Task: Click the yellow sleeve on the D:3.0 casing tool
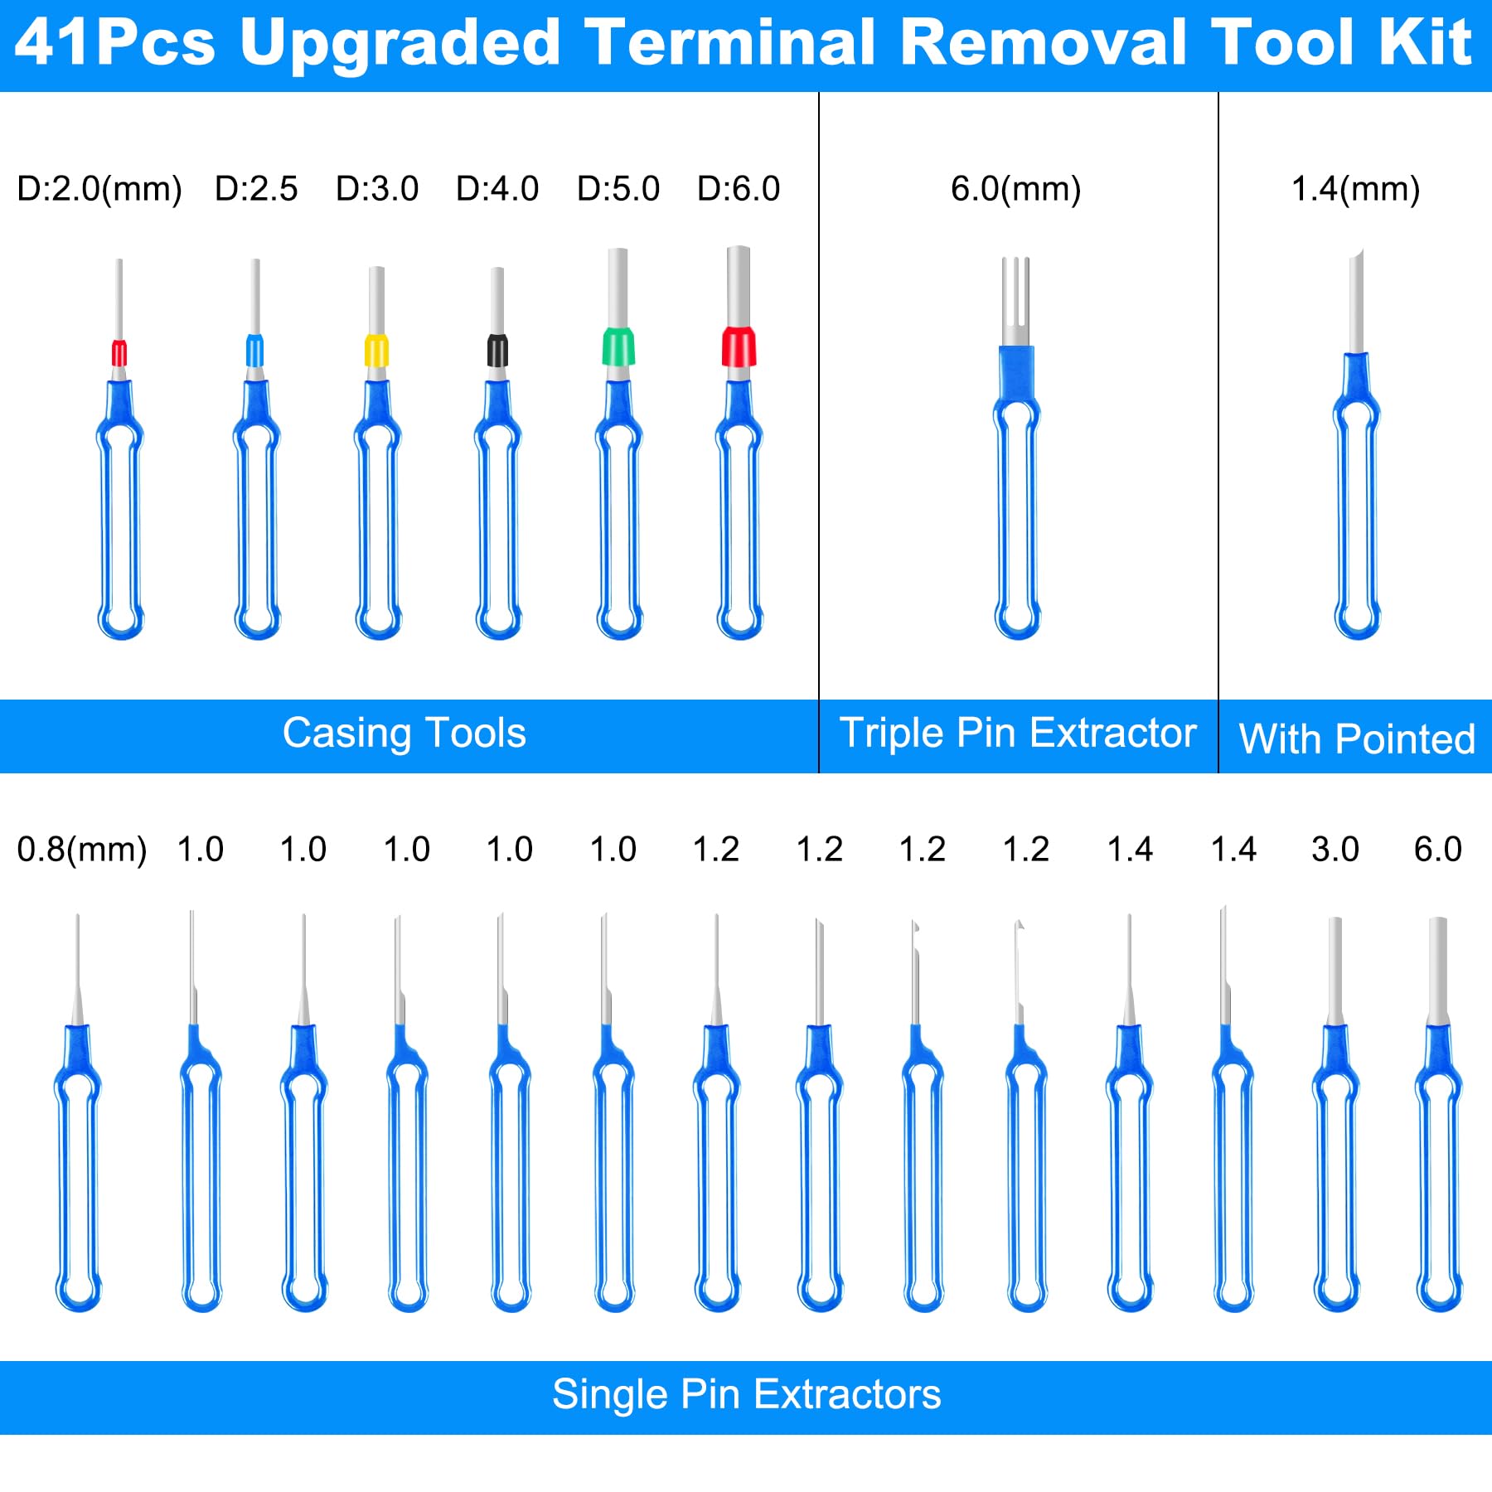pos(376,350)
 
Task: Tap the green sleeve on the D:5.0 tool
pos(618,346)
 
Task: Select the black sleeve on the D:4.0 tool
pos(497,350)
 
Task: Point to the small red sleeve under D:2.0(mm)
pos(119,352)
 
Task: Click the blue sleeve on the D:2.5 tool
pos(255,350)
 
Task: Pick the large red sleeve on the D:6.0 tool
pos(739,346)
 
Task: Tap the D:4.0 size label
pos(497,189)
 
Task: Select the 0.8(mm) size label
pos(82,850)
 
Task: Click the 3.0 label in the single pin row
pos(1335,849)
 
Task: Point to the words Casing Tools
pos(404,733)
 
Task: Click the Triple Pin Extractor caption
pos(1018,733)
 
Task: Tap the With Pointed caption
pos(1357,739)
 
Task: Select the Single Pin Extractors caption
pos(747,1393)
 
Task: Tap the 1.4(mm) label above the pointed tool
pos(1356,189)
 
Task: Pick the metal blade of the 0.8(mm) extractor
pos(78,970)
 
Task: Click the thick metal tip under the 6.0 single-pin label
pos(1438,971)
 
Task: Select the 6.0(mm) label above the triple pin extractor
pos(1016,189)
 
